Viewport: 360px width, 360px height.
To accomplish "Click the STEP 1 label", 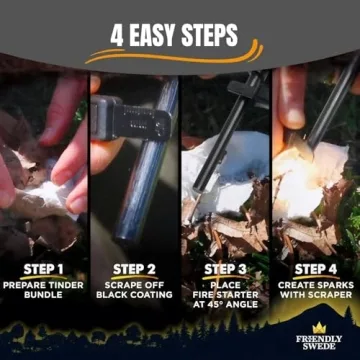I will [44, 268].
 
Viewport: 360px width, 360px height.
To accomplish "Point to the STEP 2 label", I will [134, 268].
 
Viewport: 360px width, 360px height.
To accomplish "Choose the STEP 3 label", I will [225, 268].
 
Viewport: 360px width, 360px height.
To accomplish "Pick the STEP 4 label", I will [315, 268].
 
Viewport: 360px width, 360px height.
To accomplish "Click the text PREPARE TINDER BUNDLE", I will [44, 289].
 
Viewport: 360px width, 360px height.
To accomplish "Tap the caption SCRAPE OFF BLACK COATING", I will [134, 289].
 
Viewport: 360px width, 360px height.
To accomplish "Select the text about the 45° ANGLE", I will [225, 295].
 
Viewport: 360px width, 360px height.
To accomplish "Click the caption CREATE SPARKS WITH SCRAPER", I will [315, 289].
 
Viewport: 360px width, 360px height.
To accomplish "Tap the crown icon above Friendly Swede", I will [319, 327].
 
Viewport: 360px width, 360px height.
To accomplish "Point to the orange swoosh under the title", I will [180, 56].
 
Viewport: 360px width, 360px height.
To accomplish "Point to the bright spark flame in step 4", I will [300, 165].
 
